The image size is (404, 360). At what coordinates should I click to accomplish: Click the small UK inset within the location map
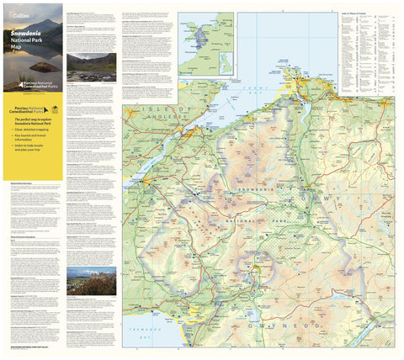pyautogui.click(x=225, y=63)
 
